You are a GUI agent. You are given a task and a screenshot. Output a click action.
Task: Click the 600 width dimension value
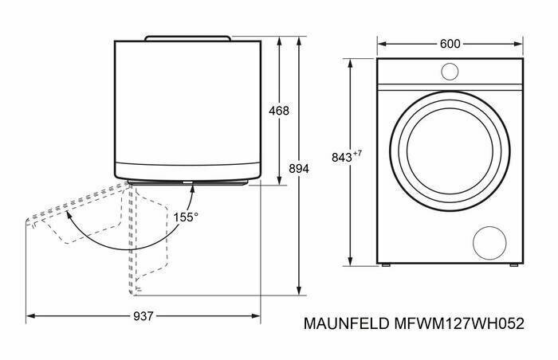click(450, 44)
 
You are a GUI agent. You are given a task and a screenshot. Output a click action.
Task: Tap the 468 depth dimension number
click(279, 111)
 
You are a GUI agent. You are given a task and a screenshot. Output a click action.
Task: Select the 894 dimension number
click(299, 169)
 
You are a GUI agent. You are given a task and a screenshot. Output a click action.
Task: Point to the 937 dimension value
click(143, 316)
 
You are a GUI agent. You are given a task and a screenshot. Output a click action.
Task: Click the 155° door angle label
click(186, 217)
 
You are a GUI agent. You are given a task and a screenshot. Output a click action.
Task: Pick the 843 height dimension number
click(342, 157)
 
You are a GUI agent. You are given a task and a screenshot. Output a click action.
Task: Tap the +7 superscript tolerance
click(357, 154)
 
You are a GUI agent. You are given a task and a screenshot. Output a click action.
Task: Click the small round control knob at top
click(450, 72)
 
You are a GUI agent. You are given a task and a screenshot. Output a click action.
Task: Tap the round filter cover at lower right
click(489, 243)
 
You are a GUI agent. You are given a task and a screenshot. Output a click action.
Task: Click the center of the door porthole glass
click(450, 151)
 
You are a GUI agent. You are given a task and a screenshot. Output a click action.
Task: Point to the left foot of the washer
click(386, 265)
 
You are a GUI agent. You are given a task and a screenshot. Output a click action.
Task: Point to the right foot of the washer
click(514, 265)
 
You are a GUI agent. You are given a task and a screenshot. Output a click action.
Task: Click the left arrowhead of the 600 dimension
click(382, 44)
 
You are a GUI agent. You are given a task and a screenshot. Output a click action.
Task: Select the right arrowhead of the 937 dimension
click(256, 316)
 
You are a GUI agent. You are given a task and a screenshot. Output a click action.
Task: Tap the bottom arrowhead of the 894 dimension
click(299, 291)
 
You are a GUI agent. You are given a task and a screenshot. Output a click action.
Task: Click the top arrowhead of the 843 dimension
click(351, 64)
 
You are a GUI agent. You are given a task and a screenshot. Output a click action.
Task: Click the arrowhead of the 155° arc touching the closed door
click(192, 189)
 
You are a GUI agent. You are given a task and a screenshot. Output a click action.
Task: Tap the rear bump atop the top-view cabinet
click(188, 38)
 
